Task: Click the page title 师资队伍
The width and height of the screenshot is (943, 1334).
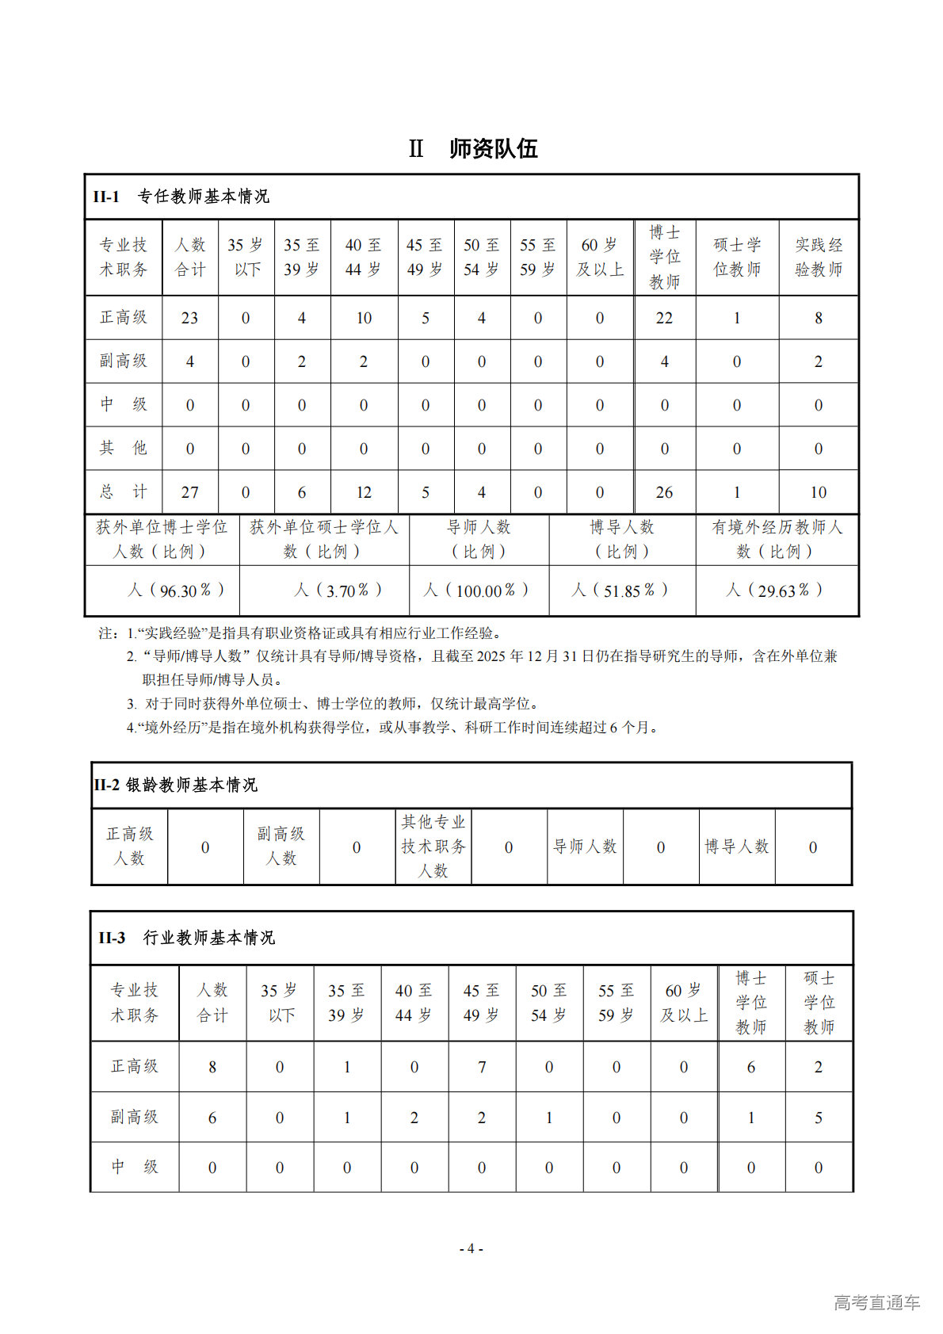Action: click(x=492, y=148)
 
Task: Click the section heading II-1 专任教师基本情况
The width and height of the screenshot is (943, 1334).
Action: click(x=181, y=196)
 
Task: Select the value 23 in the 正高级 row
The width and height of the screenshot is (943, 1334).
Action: click(x=189, y=318)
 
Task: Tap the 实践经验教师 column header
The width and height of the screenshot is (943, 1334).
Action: click(x=818, y=257)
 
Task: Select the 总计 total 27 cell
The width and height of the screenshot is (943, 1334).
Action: click(x=189, y=492)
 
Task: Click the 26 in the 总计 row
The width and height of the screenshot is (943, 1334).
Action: click(x=664, y=492)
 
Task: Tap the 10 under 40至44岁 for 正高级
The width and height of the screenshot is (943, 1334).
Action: click(x=363, y=318)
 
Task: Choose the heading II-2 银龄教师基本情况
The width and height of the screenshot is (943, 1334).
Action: click(x=175, y=785)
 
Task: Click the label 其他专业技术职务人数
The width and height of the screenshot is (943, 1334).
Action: click(x=433, y=846)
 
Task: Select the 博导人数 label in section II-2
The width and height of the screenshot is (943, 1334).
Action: click(x=737, y=847)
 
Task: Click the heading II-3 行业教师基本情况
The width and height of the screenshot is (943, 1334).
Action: click(x=187, y=938)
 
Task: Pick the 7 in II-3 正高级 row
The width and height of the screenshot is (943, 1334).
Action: click(x=481, y=1067)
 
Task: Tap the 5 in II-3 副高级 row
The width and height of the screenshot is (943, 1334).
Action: click(x=818, y=1118)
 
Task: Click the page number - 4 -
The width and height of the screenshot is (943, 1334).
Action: click(x=471, y=1248)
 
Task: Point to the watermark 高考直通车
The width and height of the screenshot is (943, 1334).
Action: click(x=876, y=1302)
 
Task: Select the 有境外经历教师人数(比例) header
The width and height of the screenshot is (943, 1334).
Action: click(x=777, y=539)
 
